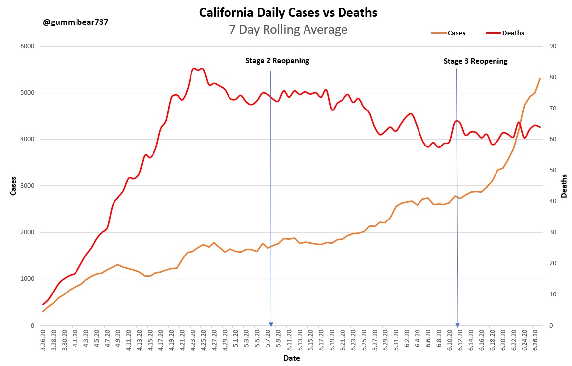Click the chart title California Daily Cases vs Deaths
click(288, 13)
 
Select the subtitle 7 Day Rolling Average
click(288, 30)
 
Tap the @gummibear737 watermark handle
click(76, 23)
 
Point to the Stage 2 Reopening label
click(277, 61)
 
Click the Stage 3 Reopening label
click(475, 61)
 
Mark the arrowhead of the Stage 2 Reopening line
click(271, 324)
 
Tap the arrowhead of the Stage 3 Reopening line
click(458, 324)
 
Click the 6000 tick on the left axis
click(27, 46)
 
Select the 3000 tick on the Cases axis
click(27, 186)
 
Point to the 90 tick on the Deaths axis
click(552, 46)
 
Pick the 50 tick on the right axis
click(552, 171)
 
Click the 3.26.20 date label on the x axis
click(44, 341)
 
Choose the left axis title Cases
click(13, 185)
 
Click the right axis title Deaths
click(564, 186)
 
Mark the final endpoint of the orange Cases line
click(540, 78)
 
